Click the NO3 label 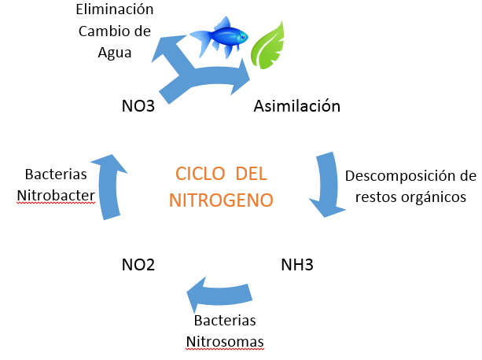point(138,105)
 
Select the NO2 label point(138,264)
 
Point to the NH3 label point(296,264)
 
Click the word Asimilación point(296,105)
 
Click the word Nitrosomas point(225,342)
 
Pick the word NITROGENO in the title point(222,200)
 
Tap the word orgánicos point(434,194)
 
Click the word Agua point(114,53)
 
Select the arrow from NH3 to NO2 point(224,295)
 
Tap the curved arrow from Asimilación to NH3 point(330,185)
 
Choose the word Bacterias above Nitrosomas point(225,321)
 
